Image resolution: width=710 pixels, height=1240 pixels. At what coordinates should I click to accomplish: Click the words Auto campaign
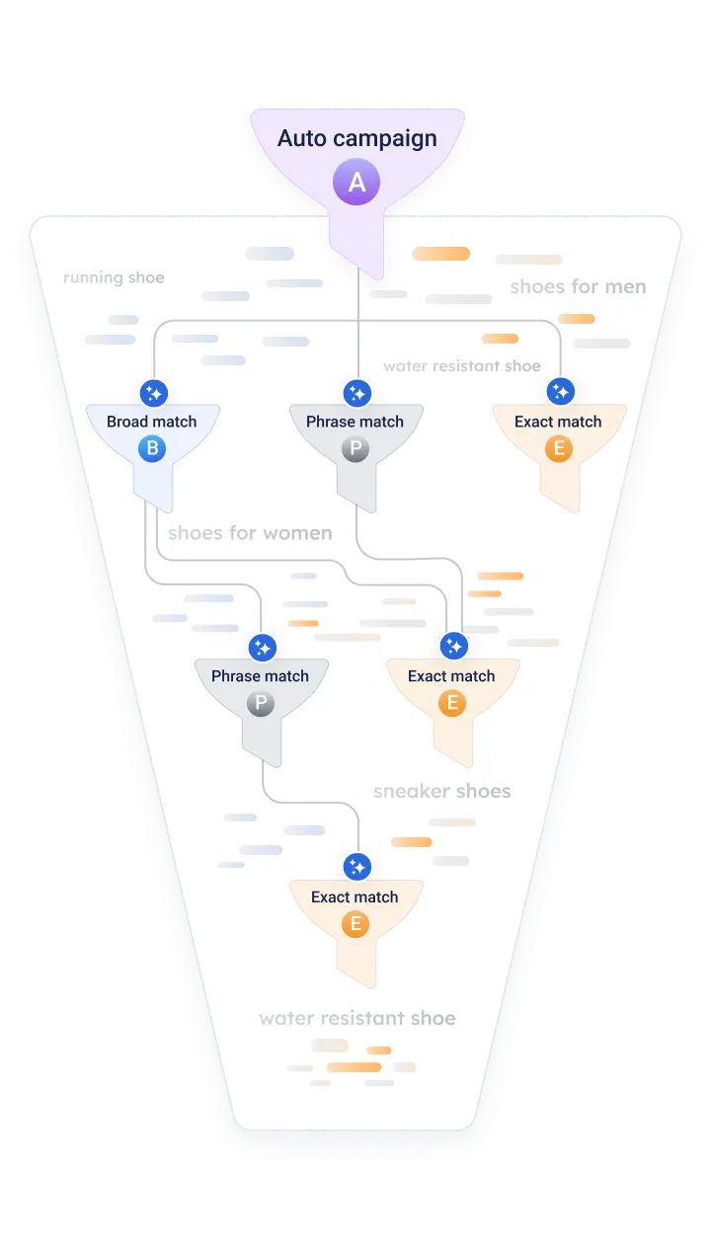click(x=356, y=138)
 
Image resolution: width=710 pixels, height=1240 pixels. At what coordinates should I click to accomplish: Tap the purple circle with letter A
click(x=356, y=183)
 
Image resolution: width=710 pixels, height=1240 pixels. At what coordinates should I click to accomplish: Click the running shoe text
click(x=114, y=277)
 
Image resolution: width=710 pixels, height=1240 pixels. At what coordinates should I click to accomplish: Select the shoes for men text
click(x=578, y=287)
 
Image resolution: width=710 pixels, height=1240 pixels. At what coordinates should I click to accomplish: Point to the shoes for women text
click(x=250, y=534)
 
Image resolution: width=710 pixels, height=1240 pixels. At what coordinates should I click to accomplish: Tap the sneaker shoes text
click(x=441, y=791)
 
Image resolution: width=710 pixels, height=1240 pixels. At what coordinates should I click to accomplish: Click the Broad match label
click(x=152, y=422)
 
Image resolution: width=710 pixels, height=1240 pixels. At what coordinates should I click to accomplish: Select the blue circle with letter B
click(x=152, y=450)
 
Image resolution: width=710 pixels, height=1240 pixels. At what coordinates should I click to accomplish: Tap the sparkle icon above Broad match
click(x=153, y=393)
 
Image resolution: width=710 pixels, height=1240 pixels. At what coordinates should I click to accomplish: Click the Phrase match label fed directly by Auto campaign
click(x=355, y=422)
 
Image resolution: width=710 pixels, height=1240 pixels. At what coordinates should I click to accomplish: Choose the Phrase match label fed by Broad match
click(x=260, y=676)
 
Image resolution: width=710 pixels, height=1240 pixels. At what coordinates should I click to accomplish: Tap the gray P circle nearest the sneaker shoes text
click(x=260, y=704)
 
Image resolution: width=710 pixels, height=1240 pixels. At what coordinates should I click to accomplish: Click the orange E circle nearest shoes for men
click(x=558, y=450)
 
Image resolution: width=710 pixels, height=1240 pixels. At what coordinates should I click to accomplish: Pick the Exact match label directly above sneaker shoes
click(x=451, y=676)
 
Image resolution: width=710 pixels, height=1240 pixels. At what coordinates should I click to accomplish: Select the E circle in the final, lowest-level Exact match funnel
click(x=355, y=925)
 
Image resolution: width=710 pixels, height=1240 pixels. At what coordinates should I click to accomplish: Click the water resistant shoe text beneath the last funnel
click(x=357, y=1018)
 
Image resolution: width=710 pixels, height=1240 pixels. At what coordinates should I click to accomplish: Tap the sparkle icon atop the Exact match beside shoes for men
click(x=560, y=393)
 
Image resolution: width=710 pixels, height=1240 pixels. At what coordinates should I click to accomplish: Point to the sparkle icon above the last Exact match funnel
click(x=356, y=867)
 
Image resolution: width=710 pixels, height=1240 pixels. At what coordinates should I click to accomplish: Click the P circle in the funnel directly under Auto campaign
click(x=355, y=450)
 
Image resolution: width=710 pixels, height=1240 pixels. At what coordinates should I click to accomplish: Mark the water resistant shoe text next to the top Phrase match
click(x=462, y=366)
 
